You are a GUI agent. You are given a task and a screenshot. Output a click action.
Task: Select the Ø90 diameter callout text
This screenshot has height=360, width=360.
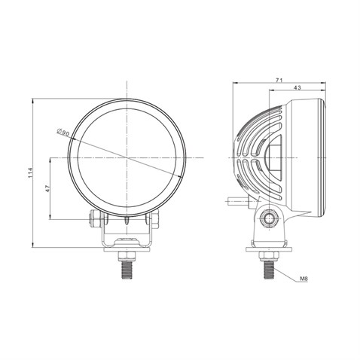point(64,133)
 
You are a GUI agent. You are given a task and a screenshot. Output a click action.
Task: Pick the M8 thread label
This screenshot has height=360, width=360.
point(304,279)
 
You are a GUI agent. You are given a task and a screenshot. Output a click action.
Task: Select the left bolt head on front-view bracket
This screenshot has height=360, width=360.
point(95,219)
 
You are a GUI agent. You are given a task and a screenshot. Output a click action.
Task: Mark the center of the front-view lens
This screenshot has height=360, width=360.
point(128,157)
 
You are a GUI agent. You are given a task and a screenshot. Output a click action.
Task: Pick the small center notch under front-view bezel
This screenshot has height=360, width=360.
point(128,221)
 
